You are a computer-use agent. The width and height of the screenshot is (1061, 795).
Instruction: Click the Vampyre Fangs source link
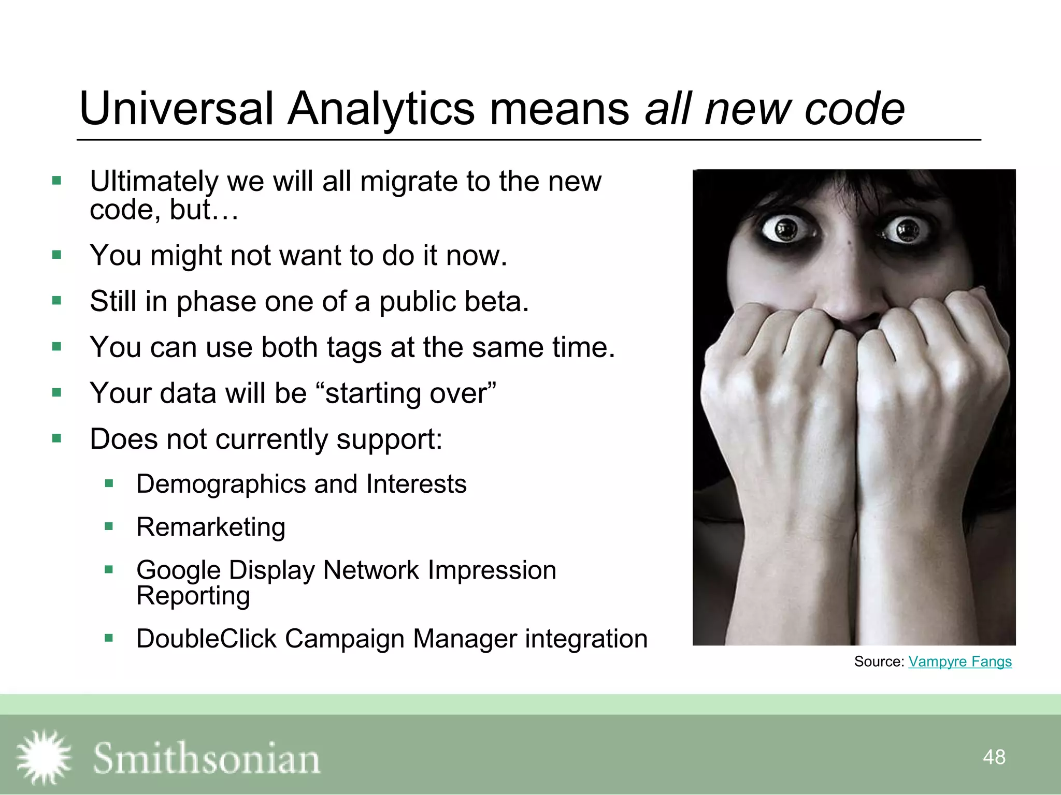pos(959,661)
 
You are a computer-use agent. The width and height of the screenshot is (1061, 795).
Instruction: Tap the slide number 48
pos(994,757)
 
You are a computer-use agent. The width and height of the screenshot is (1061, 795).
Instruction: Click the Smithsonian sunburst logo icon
pos(44,757)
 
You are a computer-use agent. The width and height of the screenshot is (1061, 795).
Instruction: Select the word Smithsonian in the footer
pos(206,758)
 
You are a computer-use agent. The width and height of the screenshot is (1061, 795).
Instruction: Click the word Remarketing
pos(211,527)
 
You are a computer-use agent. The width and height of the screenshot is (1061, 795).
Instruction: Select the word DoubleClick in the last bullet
pos(206,638)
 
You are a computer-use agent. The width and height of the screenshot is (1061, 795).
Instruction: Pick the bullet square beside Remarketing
pos(109,527)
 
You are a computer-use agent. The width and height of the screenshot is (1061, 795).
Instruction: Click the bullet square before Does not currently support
pos(57,439)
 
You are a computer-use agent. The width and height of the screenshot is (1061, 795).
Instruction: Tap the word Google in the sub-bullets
pos(179,570)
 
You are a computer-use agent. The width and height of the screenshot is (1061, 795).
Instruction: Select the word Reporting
pos(193,596)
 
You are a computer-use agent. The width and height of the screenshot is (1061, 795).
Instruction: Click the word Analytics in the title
pos(381,109)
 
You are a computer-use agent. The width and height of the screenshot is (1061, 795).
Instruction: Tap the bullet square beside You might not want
pos(57,255)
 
